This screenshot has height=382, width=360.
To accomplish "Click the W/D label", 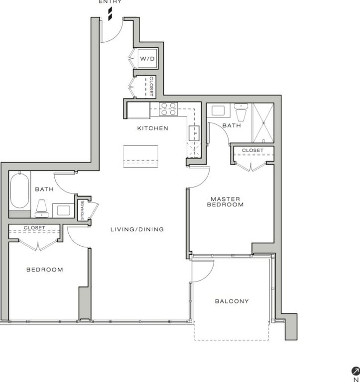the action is coord(147,59).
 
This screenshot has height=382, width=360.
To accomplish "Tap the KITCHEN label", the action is coord(153,128).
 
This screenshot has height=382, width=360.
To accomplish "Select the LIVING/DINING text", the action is coord(137,229).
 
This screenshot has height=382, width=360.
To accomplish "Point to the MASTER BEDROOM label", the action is coord(225,202).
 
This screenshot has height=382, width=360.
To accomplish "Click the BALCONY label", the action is coord(232,301).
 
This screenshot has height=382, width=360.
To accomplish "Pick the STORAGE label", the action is coord(82,210).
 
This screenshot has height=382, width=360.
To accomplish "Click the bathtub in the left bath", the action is coord(20,191).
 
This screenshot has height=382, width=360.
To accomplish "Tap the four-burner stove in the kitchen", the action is coord(168,108).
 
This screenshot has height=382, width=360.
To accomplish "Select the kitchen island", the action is coord(140,156).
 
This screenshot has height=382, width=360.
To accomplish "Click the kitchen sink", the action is coord(194,133).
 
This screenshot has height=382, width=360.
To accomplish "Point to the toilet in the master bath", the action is coord(241,112).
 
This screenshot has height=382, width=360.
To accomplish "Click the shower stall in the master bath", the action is coord(263,123).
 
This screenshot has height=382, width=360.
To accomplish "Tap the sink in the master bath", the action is coord(218,110).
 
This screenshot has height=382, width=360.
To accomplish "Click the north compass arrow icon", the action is coord(356,371).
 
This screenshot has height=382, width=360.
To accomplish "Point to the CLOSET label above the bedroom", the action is coord(34,227).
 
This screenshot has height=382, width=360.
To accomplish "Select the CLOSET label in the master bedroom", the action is coord(252,150).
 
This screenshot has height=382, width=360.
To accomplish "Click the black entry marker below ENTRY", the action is coord(110,13).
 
